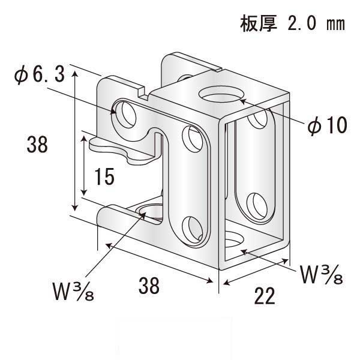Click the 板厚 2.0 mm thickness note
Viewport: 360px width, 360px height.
[x=292, y=24]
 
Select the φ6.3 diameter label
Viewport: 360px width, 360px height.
[x=39, y=76]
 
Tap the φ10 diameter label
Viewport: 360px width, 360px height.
[x=328, y=125]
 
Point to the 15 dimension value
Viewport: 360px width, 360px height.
[x=104, y=176]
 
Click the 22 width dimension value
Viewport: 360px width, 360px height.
[x=265, y=296]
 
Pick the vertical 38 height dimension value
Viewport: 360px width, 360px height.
[x=37, y=145]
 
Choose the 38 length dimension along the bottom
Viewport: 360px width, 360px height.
[x=149, y=286]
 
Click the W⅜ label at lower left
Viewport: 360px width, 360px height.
[x=73, y=291]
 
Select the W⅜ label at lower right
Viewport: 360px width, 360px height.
[x=322, y=275]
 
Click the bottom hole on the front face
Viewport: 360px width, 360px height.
[x=193, y=230]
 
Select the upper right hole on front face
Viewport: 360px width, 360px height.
[x=193, y=139]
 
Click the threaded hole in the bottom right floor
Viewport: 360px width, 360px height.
[x=234, y=240]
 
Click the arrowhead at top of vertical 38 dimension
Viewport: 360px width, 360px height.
[x=75, y=74]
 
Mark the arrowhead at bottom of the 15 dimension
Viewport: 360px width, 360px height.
[x=84, y=193]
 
